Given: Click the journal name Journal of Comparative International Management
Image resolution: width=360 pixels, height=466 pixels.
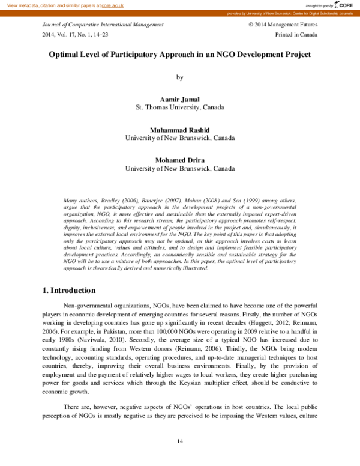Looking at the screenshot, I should (103, 25).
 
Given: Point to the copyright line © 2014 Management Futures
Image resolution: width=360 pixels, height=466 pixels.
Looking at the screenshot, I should (283, 25).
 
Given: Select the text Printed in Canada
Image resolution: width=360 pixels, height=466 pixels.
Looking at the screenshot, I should (296, 35).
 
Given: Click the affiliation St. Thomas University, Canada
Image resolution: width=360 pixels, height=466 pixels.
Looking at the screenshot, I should (179, 107).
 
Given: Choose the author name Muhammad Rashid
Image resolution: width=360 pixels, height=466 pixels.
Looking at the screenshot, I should (179, 129).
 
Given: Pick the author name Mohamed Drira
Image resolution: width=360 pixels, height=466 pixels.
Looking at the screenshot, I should (179, 160).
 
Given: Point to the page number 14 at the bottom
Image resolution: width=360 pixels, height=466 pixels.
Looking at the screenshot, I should (179, 441).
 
